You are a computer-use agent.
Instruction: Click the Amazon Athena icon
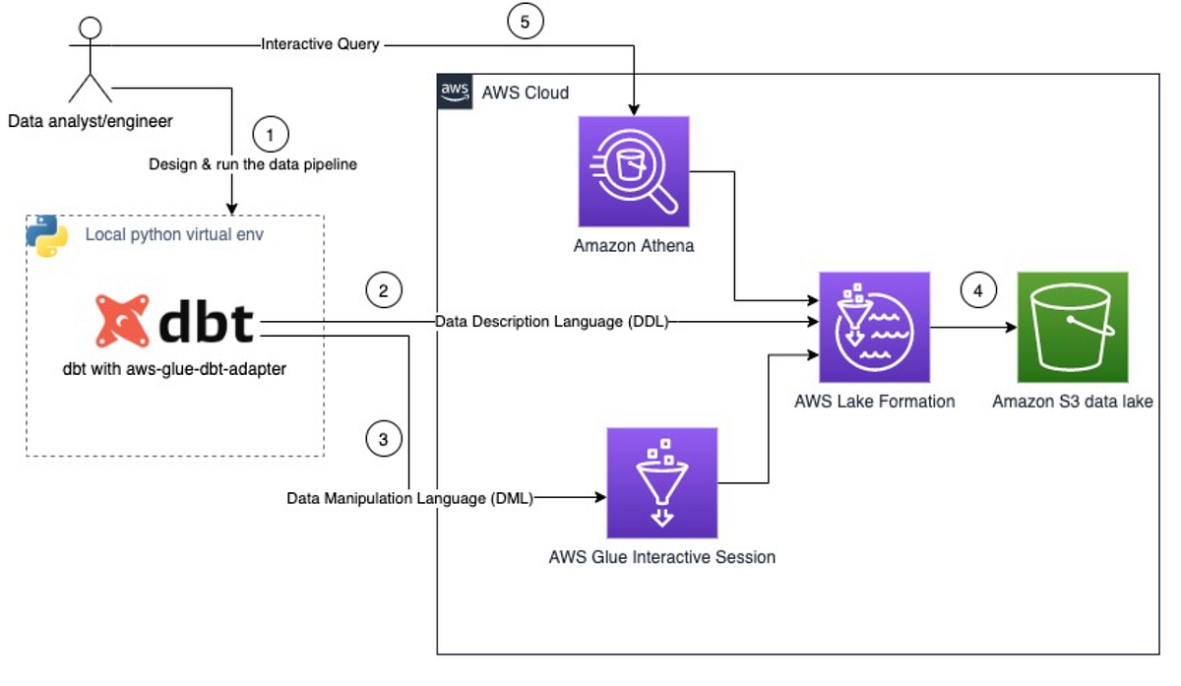click(x=634, y=171)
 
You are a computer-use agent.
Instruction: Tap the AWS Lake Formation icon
click(x=875, y=327)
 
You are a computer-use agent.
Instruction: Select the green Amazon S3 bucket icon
click(x=1073, y=327)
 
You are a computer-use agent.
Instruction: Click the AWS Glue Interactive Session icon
click(x=662, y=482)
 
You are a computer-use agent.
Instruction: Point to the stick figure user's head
click(x=90, y=26)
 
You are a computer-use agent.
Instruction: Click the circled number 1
click(x=271, y=133)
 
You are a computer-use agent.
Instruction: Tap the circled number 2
click(x=383, y=290)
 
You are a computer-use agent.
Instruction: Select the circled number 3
click(x=383, y=439)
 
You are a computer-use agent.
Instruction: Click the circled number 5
click(x=526, y=24)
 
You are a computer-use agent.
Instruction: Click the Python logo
click(x=46, y=235)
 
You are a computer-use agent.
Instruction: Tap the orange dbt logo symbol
click(x=122, y=321)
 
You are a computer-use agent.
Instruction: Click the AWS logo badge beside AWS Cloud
click(x=455, y=92)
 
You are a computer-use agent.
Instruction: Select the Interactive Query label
click(x=320, y=44)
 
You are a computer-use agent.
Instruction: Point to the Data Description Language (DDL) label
click(x=552, y=322)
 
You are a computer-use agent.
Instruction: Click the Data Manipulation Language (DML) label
click(x=409, y=498)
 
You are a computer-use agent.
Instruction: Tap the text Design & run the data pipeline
click(x=253, y=164)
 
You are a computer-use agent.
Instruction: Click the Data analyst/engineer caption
click(x=90, y=122)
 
